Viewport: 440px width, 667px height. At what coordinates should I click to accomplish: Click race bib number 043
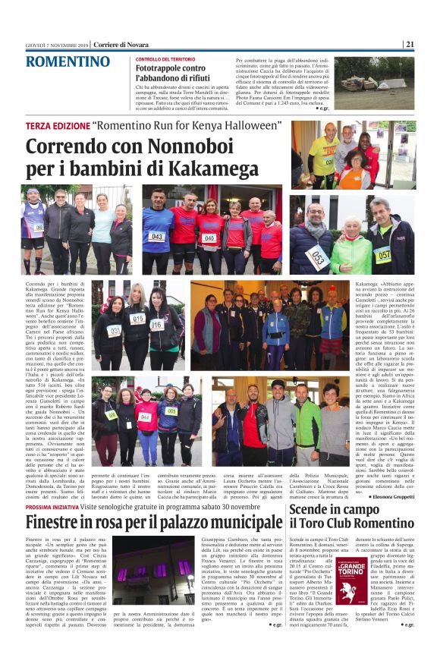tap(155, 236)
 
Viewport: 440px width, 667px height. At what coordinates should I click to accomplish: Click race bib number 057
tap(382, 253)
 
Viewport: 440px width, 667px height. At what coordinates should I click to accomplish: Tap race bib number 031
tap(115, 329)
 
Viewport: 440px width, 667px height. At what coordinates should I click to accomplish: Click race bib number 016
tap(157, 324)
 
